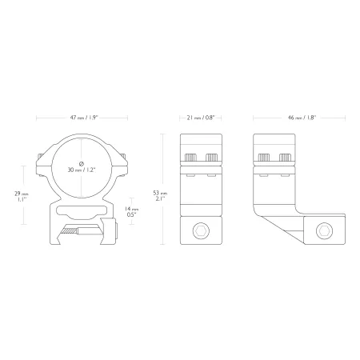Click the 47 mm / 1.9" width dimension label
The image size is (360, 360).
coord(84,118)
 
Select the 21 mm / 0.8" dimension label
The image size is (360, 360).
coord(201,118)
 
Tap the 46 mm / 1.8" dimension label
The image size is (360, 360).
coord(302,118)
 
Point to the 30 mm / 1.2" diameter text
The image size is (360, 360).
coord(82,170)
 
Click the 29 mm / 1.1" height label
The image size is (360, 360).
coord(22,197)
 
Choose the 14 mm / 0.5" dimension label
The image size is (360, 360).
coord(132,212)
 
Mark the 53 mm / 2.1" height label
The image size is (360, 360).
coord(160,195)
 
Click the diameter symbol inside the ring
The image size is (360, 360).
coord(82,163)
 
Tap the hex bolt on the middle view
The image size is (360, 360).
coord(201,230)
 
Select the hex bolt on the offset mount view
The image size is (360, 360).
coord(324,230)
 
